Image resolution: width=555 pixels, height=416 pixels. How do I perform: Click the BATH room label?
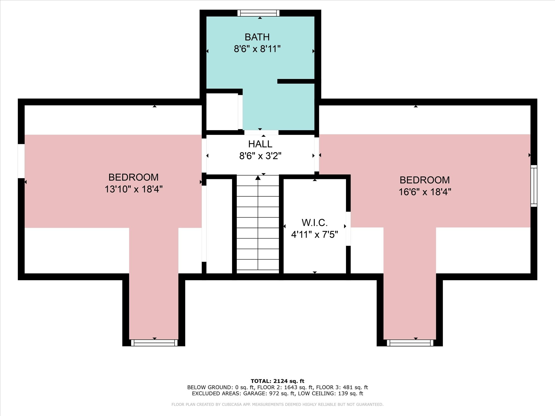pyautogui.click(x=257, y=37)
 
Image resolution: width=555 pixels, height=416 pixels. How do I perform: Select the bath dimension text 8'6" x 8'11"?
pyautogui.click(x=257, y=49)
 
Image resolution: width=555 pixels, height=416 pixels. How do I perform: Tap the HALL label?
pyautogui.click(x=260, y=144)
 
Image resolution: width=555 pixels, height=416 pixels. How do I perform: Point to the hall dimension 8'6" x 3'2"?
pyautogui.click(x=260, y=156)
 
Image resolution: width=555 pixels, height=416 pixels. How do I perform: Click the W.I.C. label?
pyautogui.click(x=314, y=222)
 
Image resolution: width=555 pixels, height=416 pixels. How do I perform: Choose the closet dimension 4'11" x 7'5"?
pyautogui.click(x=314, y=235)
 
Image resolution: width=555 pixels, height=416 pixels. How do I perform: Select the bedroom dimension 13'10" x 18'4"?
pyautogui.click(x=133, y=189)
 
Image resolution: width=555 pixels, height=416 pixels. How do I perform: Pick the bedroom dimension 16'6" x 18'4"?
pyautogui.click(x=425, y=192)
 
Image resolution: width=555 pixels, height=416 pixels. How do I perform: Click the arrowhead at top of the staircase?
pyautogui.click(x=258, y=177)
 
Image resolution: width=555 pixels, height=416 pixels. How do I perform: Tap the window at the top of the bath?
pyautogui.click(x=258, y=13)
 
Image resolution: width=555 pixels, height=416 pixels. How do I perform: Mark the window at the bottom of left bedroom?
pyautogui.click(x=154, y=343)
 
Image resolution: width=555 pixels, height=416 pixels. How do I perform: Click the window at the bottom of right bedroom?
pyautogui.click(x=410, y=343)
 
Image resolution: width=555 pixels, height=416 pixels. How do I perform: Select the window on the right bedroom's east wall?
pyautogui.click(x=534, y=186)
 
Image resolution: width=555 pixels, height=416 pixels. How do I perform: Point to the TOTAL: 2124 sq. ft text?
pyautogui.click(x=277, y=381)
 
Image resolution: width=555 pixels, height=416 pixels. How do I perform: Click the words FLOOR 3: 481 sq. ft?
pyautogui.click(x=342, y=387)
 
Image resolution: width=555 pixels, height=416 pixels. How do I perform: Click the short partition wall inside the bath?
pyautogui.click(x=296, y=81)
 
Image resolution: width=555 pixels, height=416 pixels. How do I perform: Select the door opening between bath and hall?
pyautogui.click(x=261, y=133)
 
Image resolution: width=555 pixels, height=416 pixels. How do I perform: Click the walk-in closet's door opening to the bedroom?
pyautogui.click(x=348, y=229)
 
